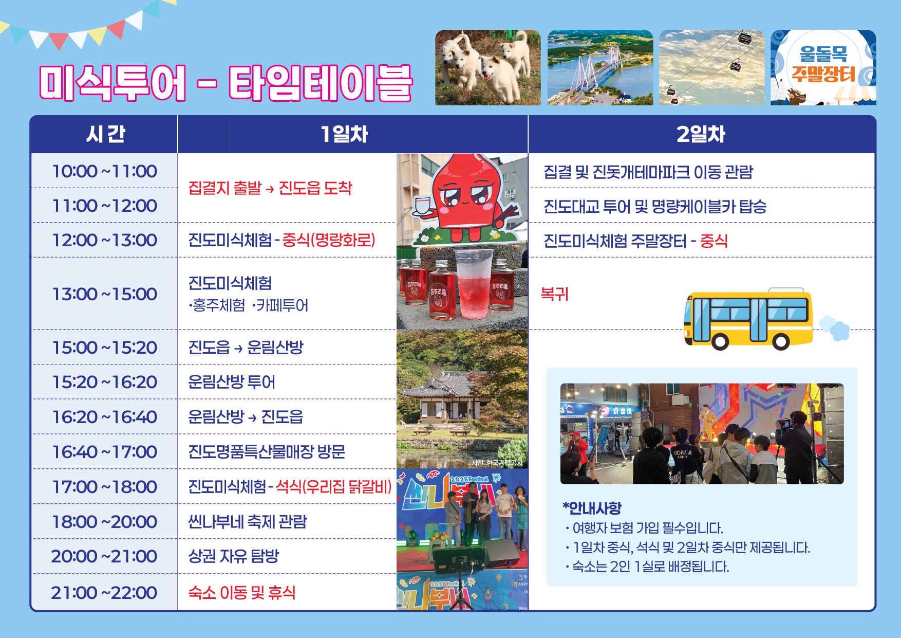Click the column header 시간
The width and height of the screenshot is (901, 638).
click(105, 134)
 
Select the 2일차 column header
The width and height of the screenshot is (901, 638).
click(701, 134)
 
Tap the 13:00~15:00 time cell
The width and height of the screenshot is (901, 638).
click(105, 294)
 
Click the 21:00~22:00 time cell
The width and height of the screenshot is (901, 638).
click(104, 593)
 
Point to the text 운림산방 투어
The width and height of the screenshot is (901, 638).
click(232, 382)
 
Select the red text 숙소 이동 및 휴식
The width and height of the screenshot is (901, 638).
click(242, 593)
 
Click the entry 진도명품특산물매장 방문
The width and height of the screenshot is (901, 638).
click(267, 452)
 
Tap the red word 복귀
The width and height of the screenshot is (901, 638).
click(555, 294)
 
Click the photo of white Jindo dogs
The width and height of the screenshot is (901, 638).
click(488, 67)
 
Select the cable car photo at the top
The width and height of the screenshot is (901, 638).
click(712, 67)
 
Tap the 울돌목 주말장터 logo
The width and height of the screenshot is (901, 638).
click(823, 67)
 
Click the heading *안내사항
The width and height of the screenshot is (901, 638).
click(592, 508)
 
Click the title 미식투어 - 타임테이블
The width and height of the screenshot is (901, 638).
click(226, 83)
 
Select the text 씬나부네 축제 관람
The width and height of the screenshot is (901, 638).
click(248, 522)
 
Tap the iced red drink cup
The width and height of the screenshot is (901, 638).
click(473, 284)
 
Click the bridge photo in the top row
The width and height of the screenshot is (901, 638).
click(600, 67)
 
